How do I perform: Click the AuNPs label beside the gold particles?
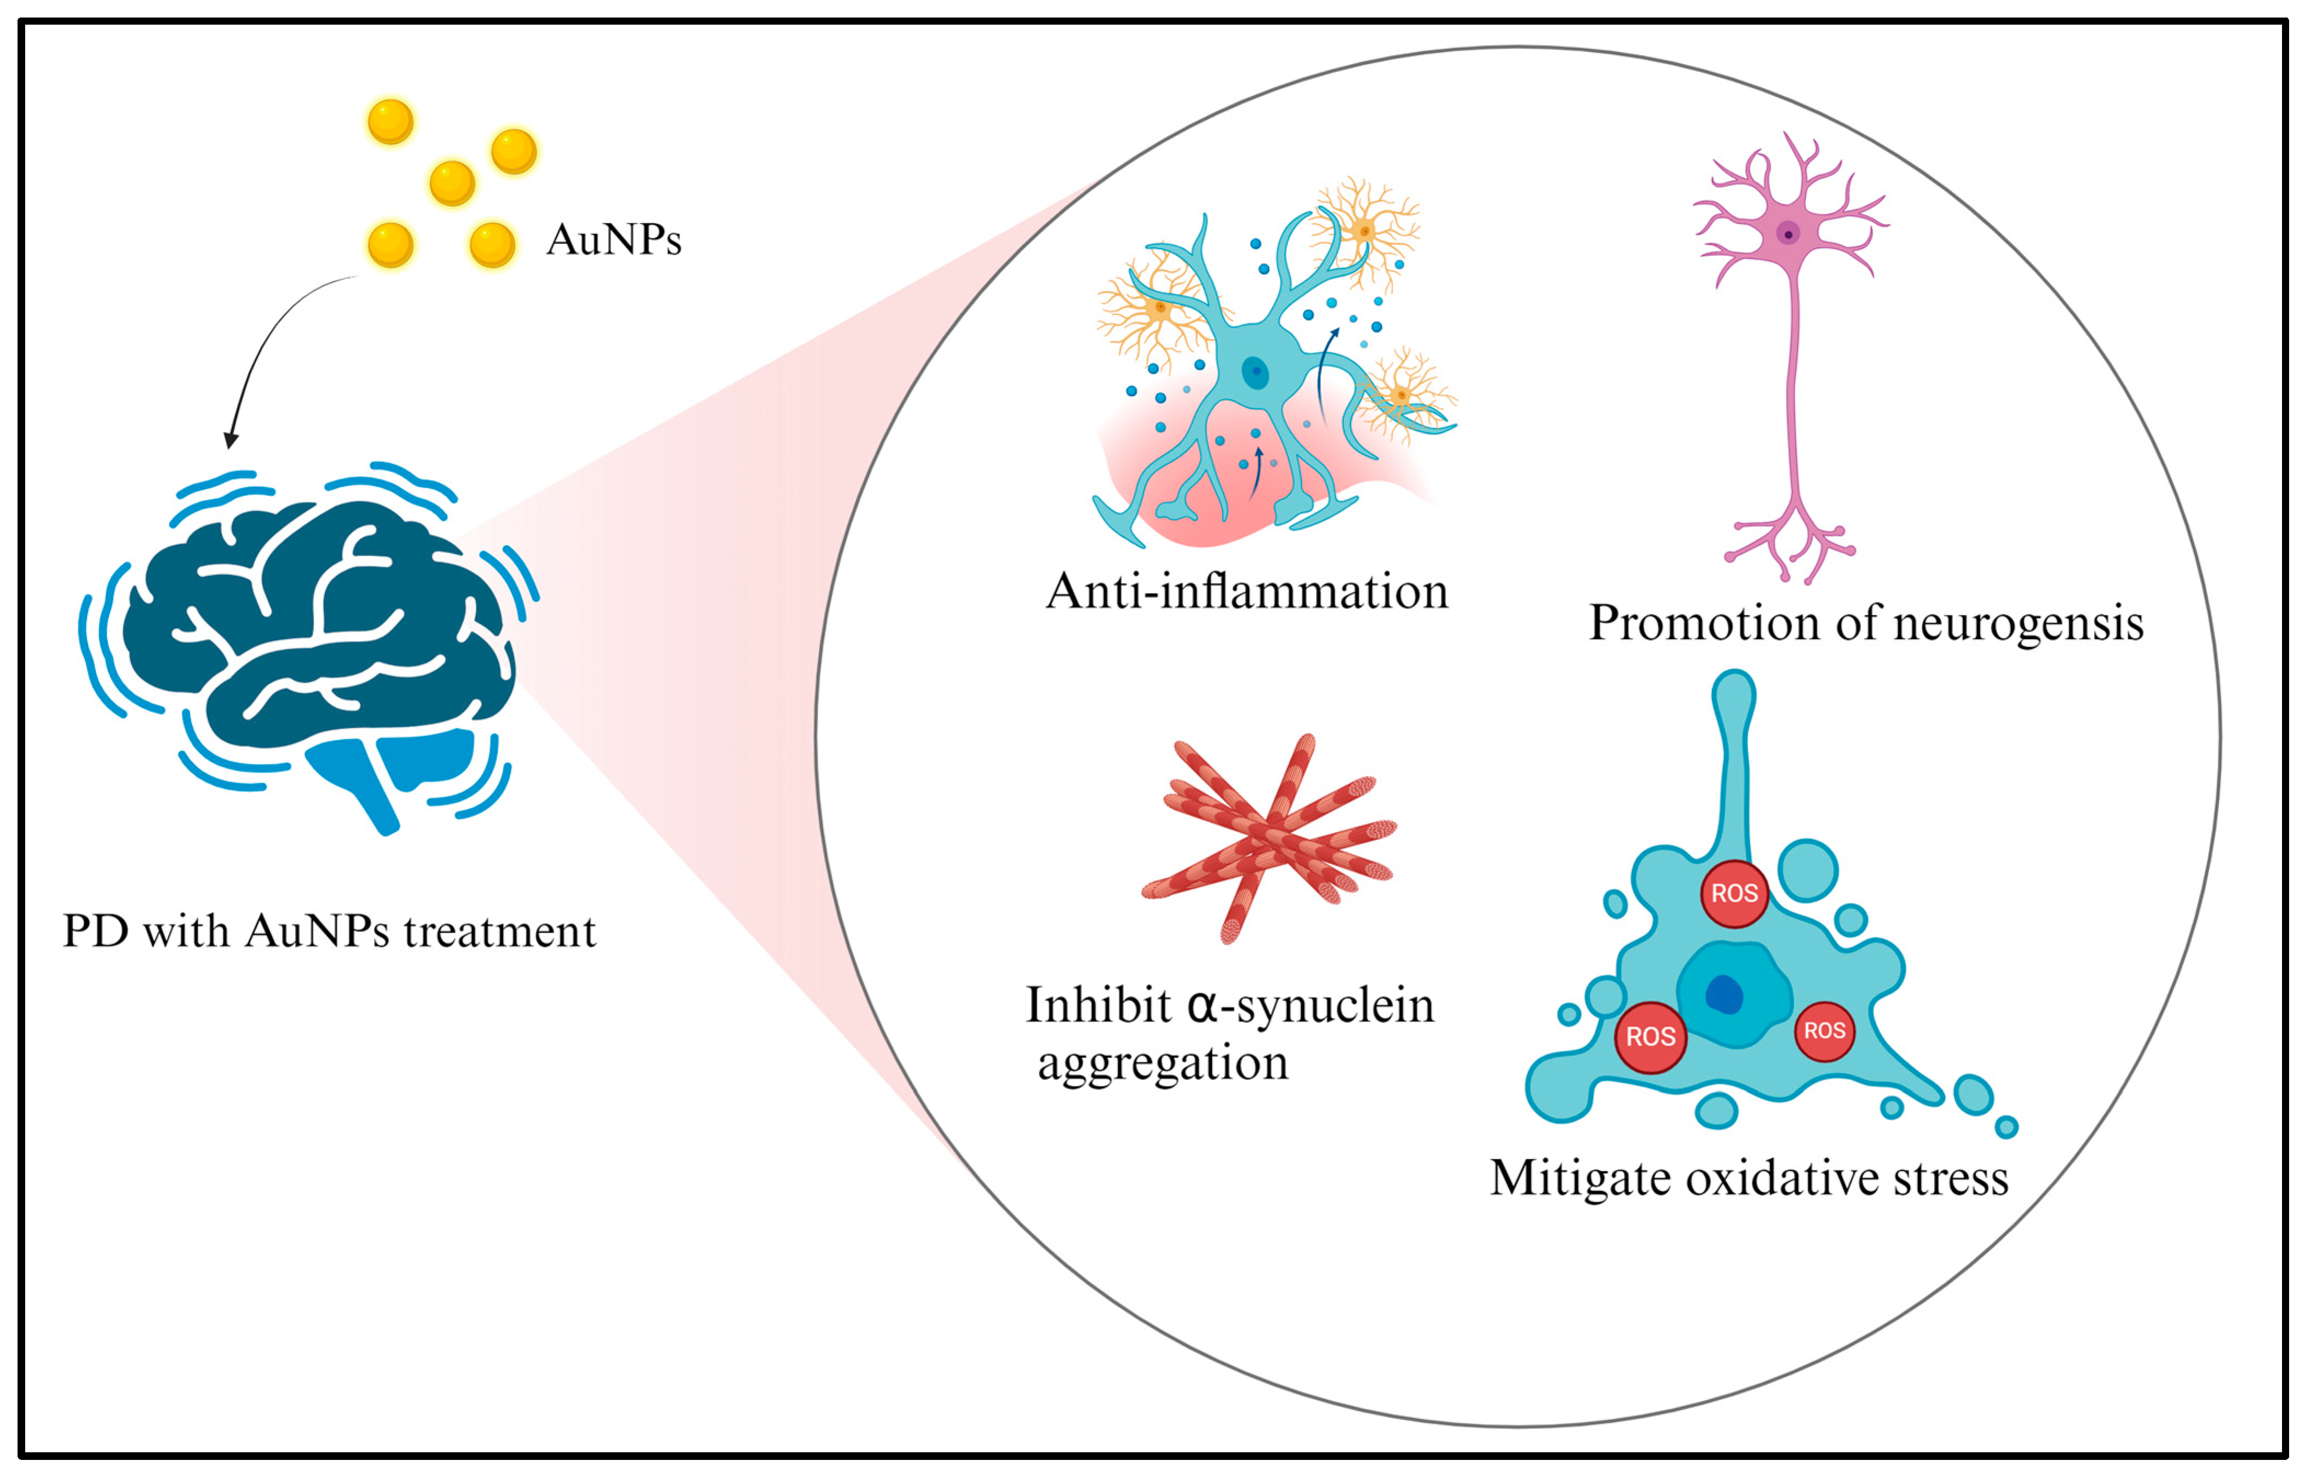tap(613, 240)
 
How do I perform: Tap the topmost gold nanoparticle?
tap(390, 122)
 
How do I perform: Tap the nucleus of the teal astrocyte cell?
tap(1254, 371)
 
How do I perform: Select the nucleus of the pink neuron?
tap(1787, 233)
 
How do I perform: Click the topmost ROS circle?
tap(1734, 894)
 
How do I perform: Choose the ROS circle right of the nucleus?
tap(1824, 1031)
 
